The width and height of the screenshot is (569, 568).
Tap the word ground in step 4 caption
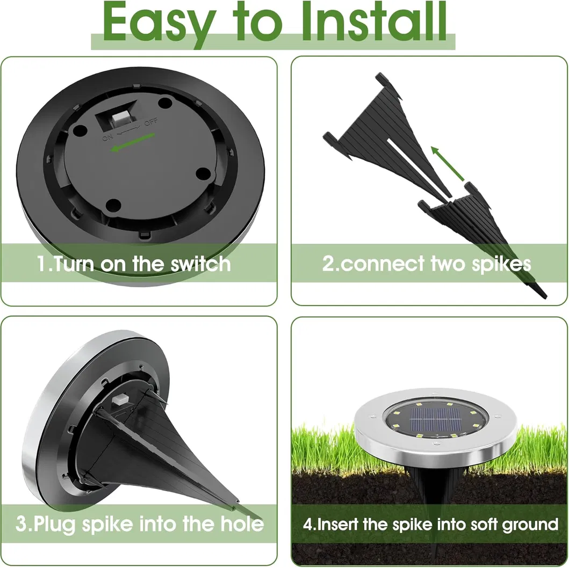[530, 524]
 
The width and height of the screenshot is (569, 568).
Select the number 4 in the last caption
[307, 525]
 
